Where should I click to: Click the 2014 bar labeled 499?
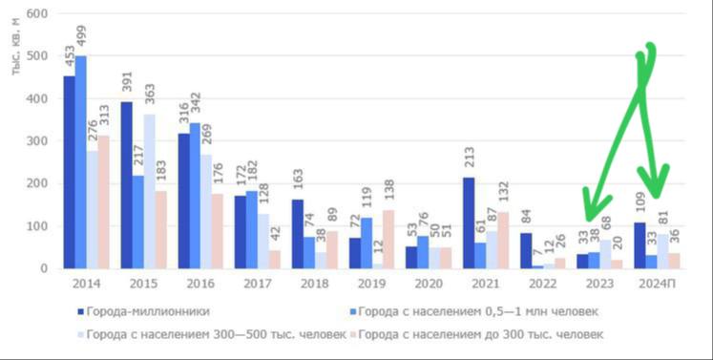[80, 162]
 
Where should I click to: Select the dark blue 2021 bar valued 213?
[469, 223]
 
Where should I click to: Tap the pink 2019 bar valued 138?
[388, 240]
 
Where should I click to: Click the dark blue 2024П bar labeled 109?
[640, 245]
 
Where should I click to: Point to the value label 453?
[70, 55]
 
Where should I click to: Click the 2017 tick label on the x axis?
[258, 284]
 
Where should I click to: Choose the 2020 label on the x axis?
[429, 284]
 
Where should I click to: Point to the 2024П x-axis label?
[657, 284]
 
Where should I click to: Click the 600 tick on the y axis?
[37, 13]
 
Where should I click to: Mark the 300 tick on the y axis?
[37, 141]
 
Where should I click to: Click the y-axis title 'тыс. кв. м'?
[17, 47]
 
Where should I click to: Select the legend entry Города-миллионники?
[144, 311]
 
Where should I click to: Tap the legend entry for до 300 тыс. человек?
[476, 334]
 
